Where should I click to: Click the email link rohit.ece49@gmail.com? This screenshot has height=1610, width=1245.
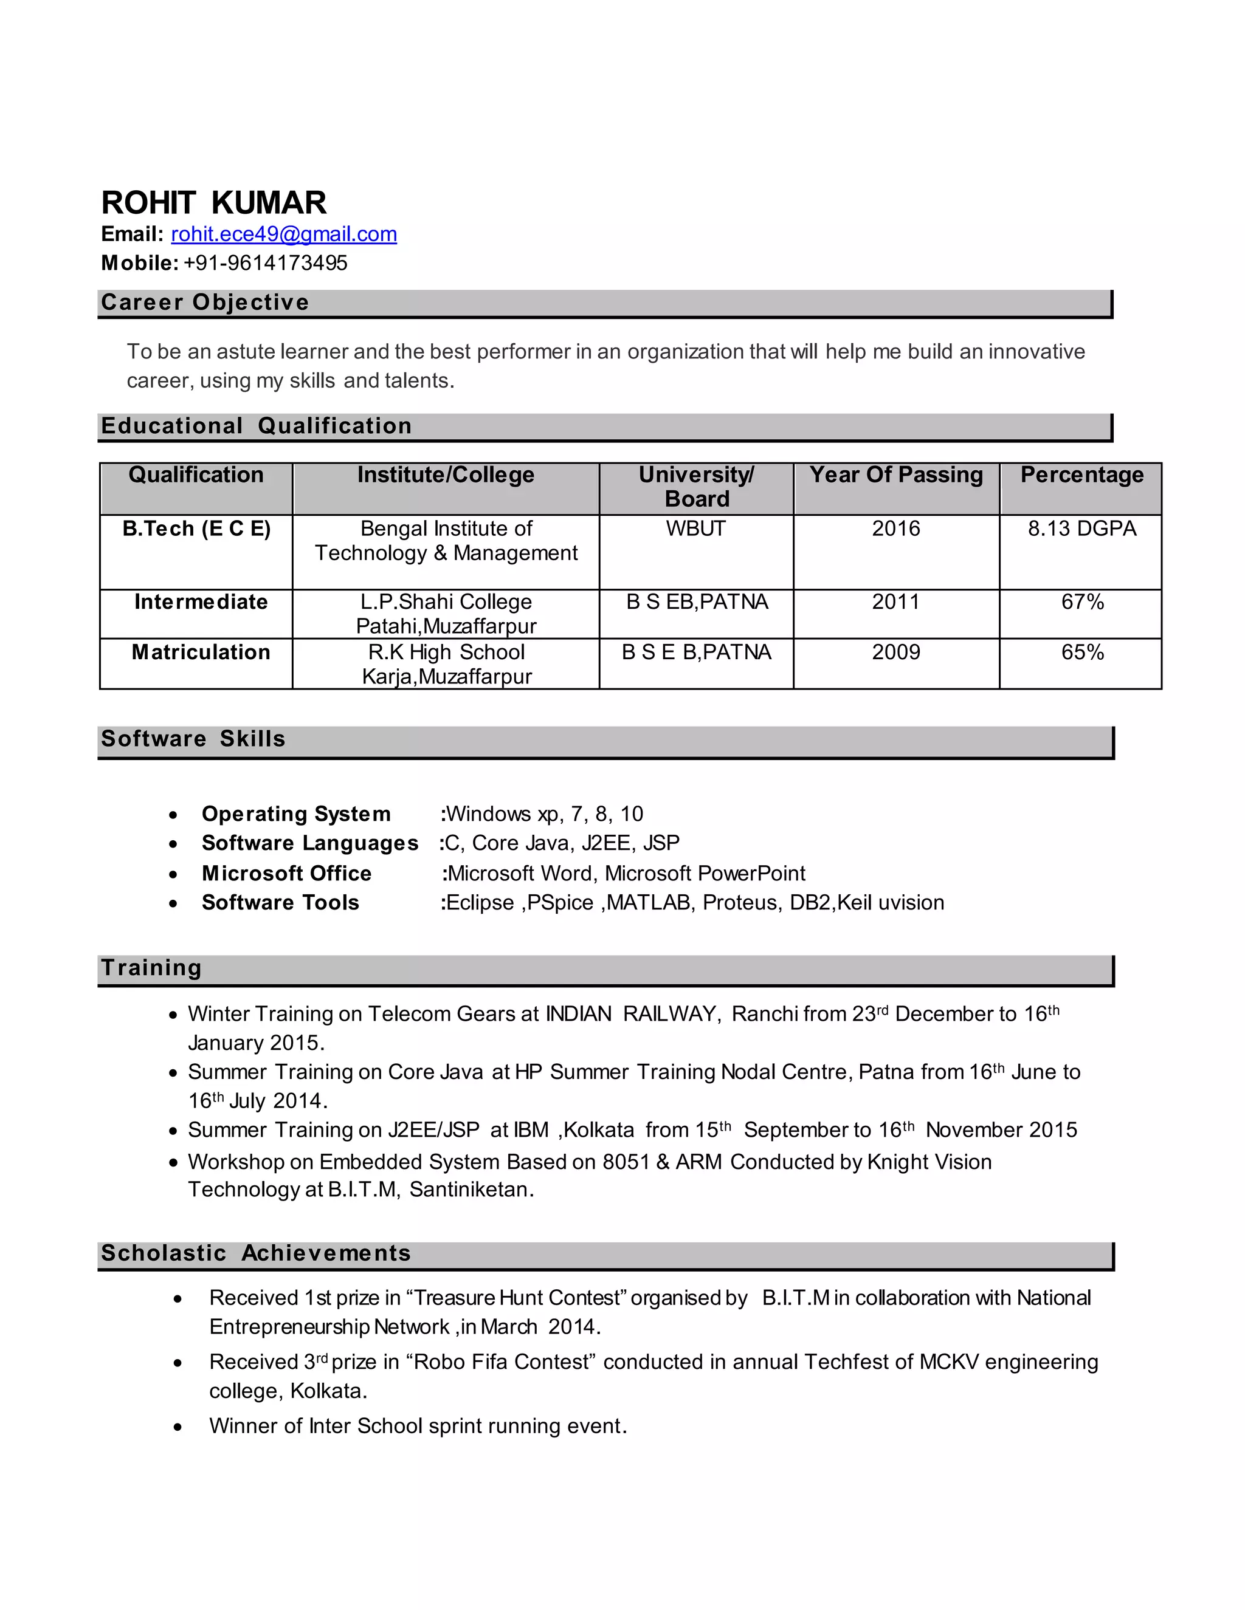pyautogui.click(x=284, y=235)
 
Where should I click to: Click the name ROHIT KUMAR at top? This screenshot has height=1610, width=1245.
pyautogui.click(x=214, y=203)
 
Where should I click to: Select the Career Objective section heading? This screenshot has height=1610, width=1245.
pyautogui.click(x=205, y=302)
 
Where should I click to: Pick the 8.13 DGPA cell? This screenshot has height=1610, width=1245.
pyautogui.click(x=1081, y=529)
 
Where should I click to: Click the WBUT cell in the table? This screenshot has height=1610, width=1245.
pyautogui.click(x=695, y=529)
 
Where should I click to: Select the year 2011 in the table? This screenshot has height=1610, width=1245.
pyautogui.click(x=895, y=602)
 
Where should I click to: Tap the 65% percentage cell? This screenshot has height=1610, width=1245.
pyautogui.click(x=1082, y=653)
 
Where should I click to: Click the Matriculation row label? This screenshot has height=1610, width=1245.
pyautogui.click(x=201, y=653)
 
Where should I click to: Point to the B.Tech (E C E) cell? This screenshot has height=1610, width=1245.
pyautogui.click(x=196, y=529)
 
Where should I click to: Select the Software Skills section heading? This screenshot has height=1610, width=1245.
pyautogui.click(x=193, y=739)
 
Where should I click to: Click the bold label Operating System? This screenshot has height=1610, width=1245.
pyautogui.click(x=296, y=814)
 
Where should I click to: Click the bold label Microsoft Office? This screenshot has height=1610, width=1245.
pyautogui.click(x=286, y=874)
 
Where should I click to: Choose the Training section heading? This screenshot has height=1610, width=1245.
pyautogui.click(x=151, y=968)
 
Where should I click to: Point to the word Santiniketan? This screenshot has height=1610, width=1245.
pyautogui.click(x=470, y=1190)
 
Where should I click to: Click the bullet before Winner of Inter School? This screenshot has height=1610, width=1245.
pyautogui.click(x=178, y=1427)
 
